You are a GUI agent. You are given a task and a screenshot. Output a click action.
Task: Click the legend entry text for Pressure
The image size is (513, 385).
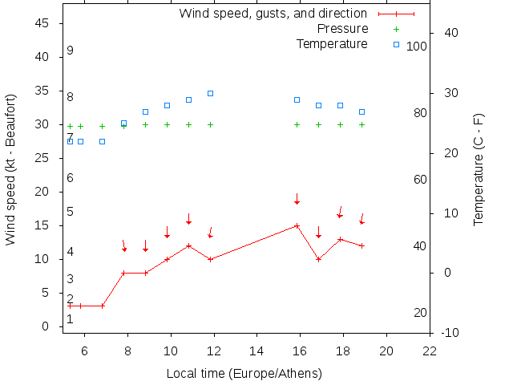click(343, 29)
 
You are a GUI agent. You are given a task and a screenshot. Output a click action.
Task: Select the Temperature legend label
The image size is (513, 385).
click(332, 43)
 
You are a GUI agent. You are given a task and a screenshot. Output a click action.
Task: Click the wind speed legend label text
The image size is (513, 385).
click(273, 14)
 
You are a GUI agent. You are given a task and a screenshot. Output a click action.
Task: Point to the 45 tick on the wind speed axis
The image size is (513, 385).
click(43, 23)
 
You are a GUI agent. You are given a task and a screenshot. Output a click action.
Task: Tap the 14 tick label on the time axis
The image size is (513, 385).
click(257, 351)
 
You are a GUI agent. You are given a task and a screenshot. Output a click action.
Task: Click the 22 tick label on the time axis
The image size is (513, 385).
click(430, 351)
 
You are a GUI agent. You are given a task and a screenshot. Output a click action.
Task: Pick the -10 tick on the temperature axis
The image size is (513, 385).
click(450, 332)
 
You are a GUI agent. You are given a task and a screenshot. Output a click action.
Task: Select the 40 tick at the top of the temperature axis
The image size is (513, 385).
click(450, 33)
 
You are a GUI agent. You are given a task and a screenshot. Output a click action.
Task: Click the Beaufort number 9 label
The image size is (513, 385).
click(71, 51)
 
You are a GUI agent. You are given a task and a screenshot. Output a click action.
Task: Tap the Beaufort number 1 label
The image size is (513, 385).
click(71, 318)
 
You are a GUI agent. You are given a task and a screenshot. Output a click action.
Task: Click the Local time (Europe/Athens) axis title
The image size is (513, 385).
click(244, 374)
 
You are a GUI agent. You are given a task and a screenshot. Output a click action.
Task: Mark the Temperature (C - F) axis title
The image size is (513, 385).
click(479, 169)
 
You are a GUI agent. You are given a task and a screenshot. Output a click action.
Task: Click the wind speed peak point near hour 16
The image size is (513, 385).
click(297, 225)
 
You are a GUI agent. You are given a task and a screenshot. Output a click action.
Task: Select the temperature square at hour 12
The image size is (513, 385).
click(210, 93)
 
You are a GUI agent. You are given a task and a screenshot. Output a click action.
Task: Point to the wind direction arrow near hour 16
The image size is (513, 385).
click(297, 198)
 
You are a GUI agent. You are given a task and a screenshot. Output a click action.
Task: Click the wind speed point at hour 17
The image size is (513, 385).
click(318, 259)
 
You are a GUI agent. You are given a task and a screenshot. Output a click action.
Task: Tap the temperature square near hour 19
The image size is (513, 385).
click(362, 111)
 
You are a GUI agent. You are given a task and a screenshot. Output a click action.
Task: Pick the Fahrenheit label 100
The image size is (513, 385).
click(417, 47)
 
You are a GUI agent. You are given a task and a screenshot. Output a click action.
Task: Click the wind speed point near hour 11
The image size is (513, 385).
click(188, 245)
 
